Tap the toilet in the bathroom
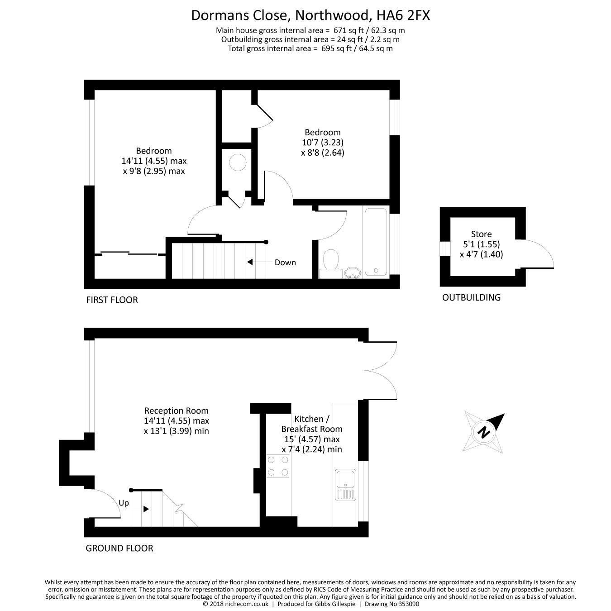pos(331,262)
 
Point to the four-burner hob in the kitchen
pos(278,466)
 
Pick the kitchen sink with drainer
pos(346,485)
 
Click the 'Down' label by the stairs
pos(285,263)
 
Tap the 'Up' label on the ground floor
pos(124,503)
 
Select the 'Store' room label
pos(481,234)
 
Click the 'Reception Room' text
pos(177,411)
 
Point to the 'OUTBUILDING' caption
pos(471,298)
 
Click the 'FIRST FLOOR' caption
pos(112,300)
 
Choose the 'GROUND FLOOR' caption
pos(119,549)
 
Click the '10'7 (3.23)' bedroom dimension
pos(323,142)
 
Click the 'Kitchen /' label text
pos(309,419)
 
